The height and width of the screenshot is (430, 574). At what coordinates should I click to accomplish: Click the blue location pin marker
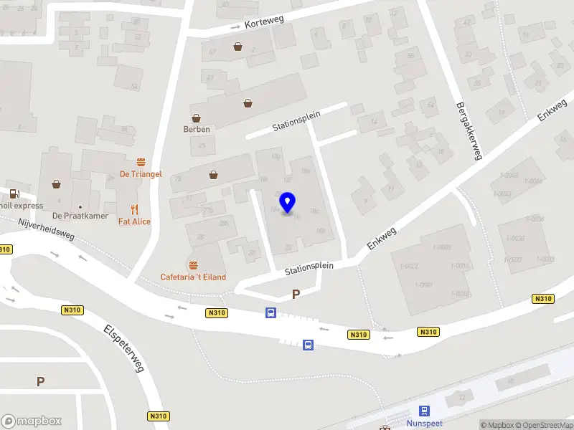(x=288, y=203)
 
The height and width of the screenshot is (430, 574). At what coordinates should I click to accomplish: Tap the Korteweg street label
(x=264, y=23)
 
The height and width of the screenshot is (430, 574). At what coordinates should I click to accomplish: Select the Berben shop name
(x=195, y=130)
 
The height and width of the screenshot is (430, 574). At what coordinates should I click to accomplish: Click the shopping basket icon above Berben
(x=195, y=118)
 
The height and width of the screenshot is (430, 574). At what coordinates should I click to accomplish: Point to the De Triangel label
(x=141, y=174)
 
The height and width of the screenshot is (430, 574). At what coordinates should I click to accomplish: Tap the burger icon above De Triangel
(x=141, y=161)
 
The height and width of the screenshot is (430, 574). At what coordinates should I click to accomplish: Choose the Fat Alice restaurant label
(x=134, y=221)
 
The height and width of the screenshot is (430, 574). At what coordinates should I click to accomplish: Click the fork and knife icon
(x=134, y=209)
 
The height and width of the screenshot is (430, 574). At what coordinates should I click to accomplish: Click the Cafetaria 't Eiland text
(x=193, y=277)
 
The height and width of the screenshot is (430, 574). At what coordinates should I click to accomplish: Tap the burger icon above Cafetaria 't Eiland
(x=193, y=264)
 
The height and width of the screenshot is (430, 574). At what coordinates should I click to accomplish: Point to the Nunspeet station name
(x=425, y=424)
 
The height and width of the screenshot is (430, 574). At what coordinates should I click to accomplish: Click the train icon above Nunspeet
(x=425, y=411)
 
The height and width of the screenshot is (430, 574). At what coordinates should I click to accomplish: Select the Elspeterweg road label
(x=124, y=349)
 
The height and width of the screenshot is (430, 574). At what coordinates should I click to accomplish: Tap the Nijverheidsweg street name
(x=46, y=230)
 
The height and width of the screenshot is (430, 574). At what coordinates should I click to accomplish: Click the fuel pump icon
(x=14, y=193)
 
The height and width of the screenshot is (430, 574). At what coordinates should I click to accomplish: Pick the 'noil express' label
(x=22, y=206)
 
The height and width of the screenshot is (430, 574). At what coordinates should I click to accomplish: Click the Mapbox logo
(x=32, y=421)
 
